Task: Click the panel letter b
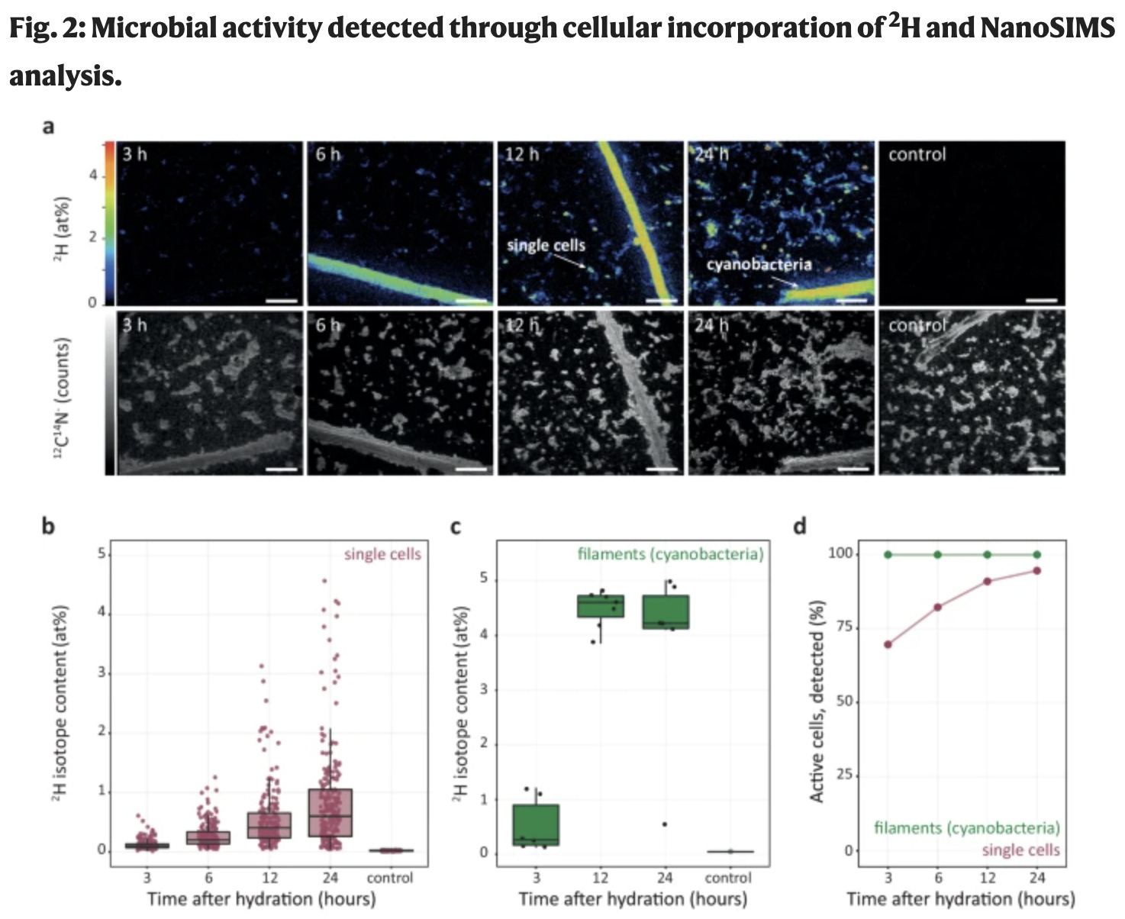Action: tap(47, 526)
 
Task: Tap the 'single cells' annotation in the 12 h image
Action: tap(546, 246)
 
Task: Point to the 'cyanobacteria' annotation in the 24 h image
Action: tap(759, 265)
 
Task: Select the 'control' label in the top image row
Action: tap(917, 154)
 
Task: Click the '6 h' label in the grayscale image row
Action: tap(327, 325)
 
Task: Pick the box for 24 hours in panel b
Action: tap(330, 812)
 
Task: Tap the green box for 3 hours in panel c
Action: tap(537, 824)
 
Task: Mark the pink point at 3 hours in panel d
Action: tap(888, 644)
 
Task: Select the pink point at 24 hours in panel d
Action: tap(1036, 570)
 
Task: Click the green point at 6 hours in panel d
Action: tap(937, 554)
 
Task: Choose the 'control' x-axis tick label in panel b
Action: tap(389, 878)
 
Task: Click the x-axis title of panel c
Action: tap(633, 899)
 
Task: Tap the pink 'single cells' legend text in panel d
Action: tap(1020, 850)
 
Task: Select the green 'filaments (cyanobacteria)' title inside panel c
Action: tap(670, 554)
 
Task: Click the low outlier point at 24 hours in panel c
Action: tap(665, 824)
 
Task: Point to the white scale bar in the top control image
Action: tap(1042, 301)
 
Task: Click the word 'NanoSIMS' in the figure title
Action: tap(1047, 28)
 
